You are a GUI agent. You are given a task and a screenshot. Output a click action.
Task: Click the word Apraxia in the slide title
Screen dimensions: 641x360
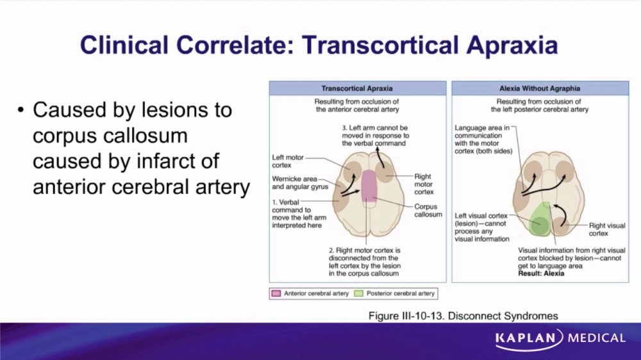click(512, 45)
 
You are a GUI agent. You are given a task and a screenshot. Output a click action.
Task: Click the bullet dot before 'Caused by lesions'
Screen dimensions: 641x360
click(21, 110)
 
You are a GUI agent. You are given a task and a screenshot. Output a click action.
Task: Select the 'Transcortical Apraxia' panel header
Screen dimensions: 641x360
click(357, 88)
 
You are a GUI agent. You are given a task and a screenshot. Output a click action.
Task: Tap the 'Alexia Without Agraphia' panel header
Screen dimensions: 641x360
click(540, 88)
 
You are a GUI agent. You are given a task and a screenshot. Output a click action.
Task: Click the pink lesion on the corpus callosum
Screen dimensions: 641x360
click(369, 186)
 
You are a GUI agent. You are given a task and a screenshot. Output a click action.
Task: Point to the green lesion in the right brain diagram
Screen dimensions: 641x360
click(540, 219)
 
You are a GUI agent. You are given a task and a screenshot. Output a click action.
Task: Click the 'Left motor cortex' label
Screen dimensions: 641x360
click(288, 161)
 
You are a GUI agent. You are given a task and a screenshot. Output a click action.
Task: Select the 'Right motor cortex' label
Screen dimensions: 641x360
click(424, 184)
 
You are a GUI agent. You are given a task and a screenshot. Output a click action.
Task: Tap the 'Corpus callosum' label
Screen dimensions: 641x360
click(428, 211)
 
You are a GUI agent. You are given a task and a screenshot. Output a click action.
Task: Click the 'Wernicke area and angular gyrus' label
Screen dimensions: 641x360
click(300, 183)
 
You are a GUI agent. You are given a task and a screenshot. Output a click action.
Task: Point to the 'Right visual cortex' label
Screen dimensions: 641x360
click(607, 229)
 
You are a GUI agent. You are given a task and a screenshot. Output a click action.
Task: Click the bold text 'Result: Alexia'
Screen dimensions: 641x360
click(541, 274)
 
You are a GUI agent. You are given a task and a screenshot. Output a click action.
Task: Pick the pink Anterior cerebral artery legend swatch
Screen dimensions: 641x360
click(276, 293)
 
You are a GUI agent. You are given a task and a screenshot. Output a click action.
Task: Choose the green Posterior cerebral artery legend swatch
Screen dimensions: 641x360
click(358, 293)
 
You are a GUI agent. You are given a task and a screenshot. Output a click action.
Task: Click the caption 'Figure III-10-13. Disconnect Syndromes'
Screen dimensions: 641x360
click(463, 316)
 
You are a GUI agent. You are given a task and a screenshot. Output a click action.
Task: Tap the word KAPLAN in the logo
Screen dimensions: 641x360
click(526, 338)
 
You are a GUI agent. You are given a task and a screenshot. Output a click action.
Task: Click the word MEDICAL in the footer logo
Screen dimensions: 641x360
click(596, 338)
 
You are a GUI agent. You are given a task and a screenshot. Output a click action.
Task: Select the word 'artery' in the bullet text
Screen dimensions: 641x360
click(224, 187)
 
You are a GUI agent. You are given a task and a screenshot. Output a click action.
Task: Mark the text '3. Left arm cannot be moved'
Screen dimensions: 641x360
click(375, 131)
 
